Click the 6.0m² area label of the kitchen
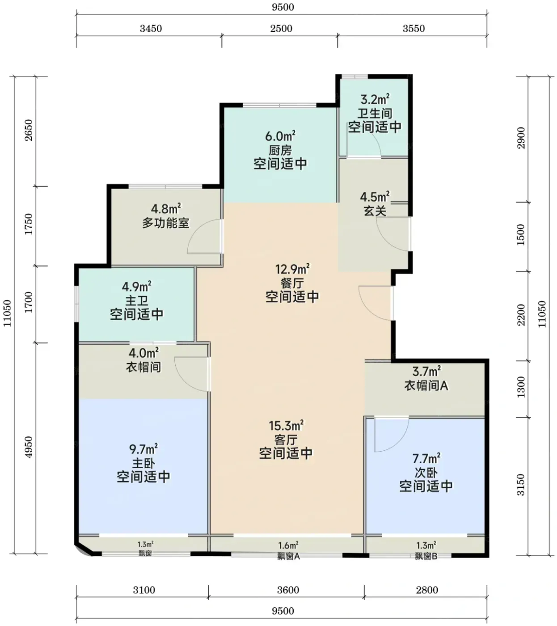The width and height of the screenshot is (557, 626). [280, 135]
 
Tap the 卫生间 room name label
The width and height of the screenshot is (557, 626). [375, 114]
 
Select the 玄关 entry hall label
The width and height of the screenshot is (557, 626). [375, 211]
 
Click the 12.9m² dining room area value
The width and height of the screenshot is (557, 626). [292, 269]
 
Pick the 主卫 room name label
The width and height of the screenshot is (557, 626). [136, 300]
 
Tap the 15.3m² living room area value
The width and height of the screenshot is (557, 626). [286, 426]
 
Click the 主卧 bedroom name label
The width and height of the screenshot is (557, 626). [143, 464]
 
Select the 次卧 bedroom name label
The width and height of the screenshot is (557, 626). [426, 473]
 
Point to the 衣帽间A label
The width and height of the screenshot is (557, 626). [426, 385]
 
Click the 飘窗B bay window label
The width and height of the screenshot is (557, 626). [426, 557]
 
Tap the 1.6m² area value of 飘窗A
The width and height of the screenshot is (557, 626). [288, 546]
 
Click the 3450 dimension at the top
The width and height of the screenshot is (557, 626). [151, 29]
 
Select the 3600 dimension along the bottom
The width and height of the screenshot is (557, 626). [288, 590]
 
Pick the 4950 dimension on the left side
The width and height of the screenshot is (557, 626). [29, 447]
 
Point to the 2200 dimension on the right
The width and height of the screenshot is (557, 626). [521, 315]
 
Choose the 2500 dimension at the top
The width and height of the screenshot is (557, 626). [281, 29]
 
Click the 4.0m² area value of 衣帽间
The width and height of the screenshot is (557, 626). [143, 352]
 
